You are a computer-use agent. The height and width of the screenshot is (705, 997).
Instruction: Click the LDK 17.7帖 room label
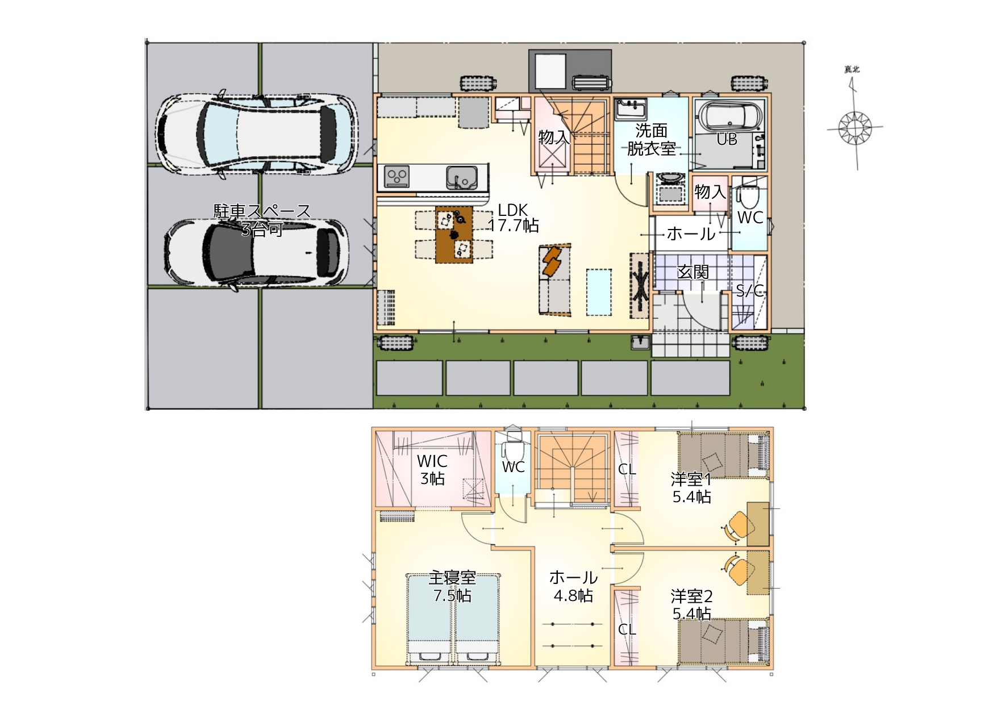pos(514,218)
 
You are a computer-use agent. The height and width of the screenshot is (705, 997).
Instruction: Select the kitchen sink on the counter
pos(462,177)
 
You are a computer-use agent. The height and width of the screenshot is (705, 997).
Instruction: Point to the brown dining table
pos(454,235)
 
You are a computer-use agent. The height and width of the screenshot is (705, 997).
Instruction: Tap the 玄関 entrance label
pos(693,272)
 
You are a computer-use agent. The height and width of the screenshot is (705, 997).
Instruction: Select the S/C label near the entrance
pos(750,291)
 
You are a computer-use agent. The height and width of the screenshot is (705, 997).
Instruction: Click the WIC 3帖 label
pos(432,470)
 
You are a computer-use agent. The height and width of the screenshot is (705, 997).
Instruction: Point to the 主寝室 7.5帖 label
pos(452,587)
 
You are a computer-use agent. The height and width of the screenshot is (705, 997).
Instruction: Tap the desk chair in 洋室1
pos(737,525)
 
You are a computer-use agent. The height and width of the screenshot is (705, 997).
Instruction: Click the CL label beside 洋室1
pos(627,469)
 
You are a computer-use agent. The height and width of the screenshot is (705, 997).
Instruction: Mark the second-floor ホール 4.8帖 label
pos(573,586)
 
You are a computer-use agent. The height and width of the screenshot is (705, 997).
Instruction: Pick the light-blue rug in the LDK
pos(599,292)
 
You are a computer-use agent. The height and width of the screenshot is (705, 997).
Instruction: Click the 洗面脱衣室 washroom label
pos(652,140)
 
